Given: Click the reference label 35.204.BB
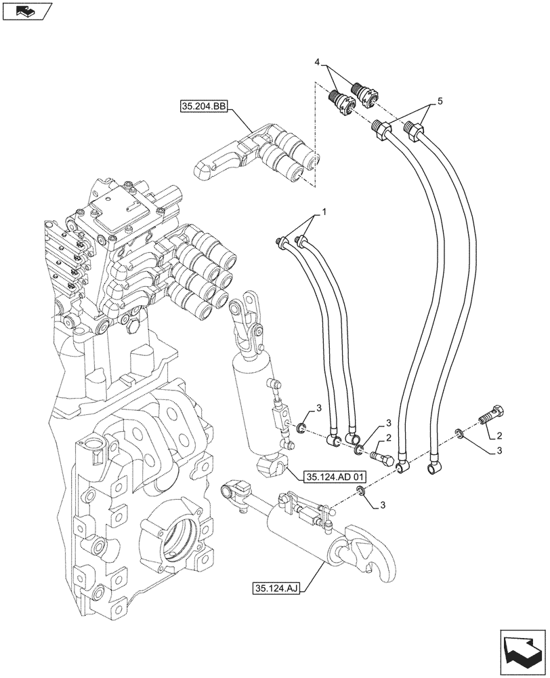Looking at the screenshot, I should click(205, 106).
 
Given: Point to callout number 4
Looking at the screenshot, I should click(318, 62).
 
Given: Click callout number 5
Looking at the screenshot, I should click(440, 101).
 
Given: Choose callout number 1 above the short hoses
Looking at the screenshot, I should click(323, 213).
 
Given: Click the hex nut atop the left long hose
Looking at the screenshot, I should click(381, 126).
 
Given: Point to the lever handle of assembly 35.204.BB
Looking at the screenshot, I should click(217, 163).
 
